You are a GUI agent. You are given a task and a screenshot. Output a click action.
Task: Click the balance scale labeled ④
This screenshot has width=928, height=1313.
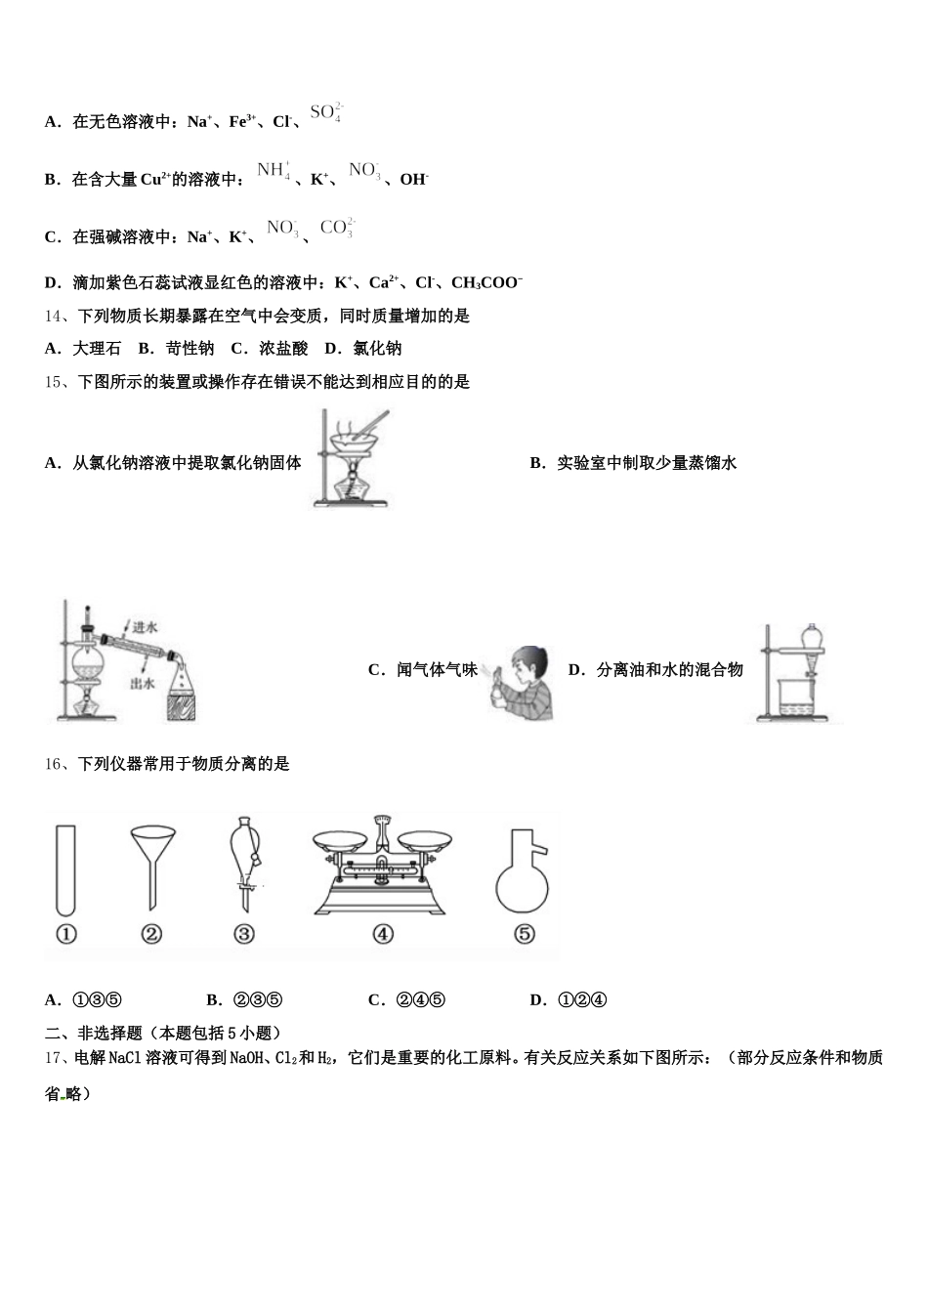click(383, 864)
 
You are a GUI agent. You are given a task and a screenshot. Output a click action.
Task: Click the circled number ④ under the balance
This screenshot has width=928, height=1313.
click(383, 935)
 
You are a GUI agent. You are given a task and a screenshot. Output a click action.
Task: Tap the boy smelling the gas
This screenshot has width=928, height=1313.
click(523, 681)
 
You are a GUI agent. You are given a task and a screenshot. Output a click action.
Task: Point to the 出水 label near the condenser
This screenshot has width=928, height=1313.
click(143, 684)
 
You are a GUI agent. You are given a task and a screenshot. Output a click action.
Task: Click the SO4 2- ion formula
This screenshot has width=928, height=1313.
click(325, 112)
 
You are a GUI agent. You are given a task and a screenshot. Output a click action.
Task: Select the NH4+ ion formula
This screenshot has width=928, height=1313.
click(274, 170)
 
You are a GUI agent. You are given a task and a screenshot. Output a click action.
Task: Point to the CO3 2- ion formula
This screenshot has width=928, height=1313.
click(337, 228)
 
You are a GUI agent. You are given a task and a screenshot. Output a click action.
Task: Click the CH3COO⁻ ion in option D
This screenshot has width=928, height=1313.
click(486, 283)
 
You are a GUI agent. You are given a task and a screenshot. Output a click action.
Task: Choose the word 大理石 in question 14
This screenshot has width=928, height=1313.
click(97, 349)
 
